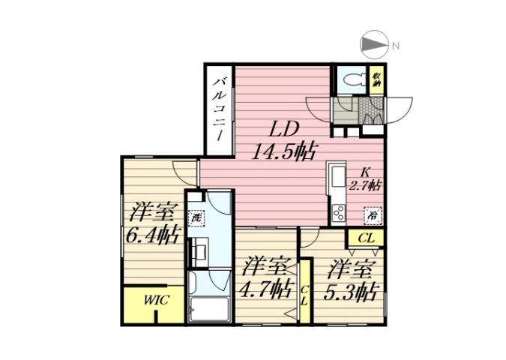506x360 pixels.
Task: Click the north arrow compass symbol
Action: tap(373, 46)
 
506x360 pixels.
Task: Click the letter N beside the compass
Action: tap(395, 46)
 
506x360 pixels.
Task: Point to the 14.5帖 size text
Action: tap(283, 152)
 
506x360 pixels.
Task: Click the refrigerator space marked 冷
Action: tap(372, 215)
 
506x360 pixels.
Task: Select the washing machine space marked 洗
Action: tap(195, 218)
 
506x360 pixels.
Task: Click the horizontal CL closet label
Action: tap(365, 238)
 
